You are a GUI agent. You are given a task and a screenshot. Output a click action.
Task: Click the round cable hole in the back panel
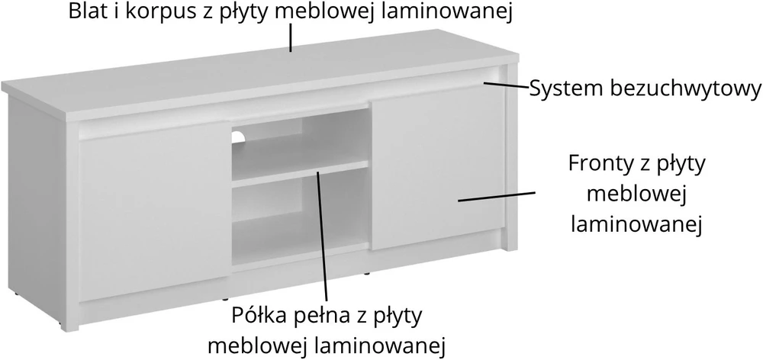point(238,137)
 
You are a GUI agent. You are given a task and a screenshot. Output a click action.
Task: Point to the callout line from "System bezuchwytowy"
point(506,85)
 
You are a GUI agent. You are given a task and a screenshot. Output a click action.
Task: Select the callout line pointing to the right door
point(497,196)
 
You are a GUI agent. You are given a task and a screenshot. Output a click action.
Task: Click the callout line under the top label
point(291,38)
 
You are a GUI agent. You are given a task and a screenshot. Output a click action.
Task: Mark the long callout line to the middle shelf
point(322,236)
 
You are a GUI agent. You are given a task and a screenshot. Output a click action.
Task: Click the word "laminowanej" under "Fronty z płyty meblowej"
point(636,223)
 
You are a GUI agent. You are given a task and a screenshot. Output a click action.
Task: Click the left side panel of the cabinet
point(37,209)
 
